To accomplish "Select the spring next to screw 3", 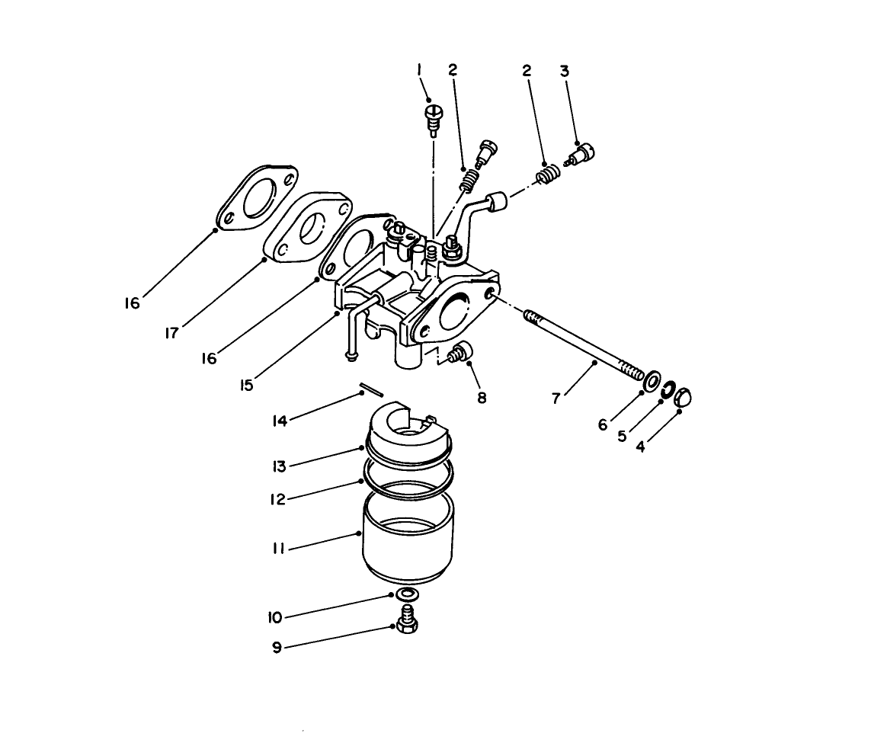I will [x=545, y=177].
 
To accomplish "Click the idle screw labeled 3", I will [x=583, y=155].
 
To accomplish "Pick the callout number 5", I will [x=621, y=437].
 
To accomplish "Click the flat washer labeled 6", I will [x=653, y=380].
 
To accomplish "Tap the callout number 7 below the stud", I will [x=556, y=398].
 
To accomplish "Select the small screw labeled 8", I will [x=460, y=353].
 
